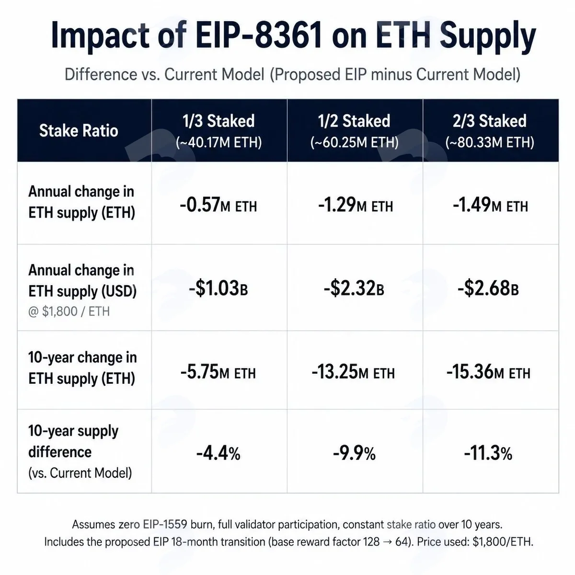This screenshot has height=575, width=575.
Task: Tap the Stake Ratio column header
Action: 79,131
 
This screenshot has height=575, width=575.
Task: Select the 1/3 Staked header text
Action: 218,121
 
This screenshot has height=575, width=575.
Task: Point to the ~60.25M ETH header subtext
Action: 355,142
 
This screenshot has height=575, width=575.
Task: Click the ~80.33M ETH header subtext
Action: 490,142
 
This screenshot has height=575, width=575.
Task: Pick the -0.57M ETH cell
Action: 218,205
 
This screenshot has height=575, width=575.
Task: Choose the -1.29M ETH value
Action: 356,205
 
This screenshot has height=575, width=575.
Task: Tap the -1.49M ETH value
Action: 490,205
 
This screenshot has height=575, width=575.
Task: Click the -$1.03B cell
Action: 218,288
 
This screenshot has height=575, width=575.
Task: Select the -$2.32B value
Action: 354,288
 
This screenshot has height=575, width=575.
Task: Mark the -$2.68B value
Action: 488,288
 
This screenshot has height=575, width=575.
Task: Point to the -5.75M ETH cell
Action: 218,372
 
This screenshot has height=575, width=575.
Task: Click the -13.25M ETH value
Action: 353,372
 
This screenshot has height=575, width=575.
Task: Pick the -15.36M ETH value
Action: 488,372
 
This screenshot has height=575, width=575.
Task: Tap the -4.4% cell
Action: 218,453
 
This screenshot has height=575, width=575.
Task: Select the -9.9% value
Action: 354,453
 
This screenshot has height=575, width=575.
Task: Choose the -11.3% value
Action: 488,453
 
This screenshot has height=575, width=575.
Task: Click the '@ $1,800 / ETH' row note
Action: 69,311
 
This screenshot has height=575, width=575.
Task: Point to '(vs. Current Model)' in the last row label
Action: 80,473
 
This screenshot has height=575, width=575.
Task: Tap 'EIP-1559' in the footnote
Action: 165,524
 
